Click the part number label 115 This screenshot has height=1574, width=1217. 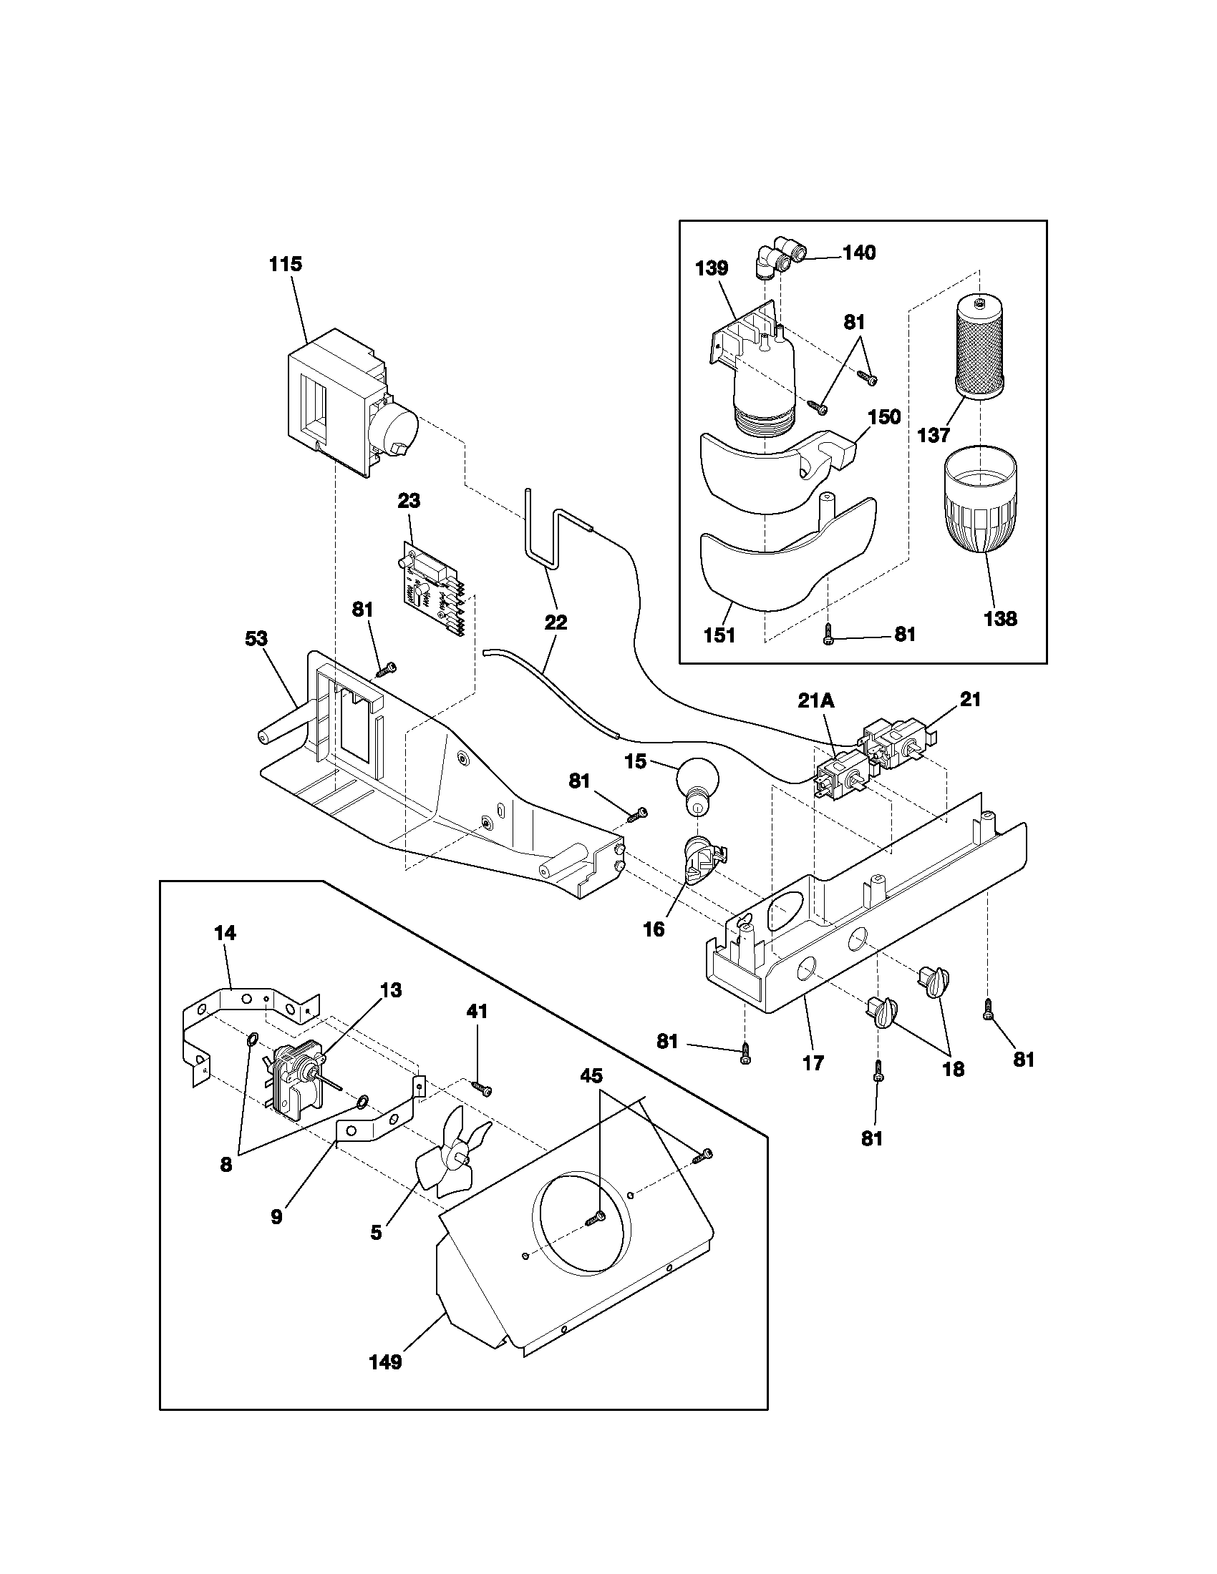[286, 265]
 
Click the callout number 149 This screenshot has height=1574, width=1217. [386, 1362]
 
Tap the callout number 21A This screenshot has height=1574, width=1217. [817, 700]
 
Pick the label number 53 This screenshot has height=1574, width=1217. [256, 638]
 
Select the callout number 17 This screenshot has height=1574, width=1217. [813, 1063]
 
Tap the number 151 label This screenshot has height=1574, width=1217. [719, 635]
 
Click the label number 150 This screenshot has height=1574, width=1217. [884, 416]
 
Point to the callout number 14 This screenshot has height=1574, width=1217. [224, 932]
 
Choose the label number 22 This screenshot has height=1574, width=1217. [555, 622]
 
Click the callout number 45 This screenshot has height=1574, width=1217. [591, 1076]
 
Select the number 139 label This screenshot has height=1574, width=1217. [712, 268]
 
